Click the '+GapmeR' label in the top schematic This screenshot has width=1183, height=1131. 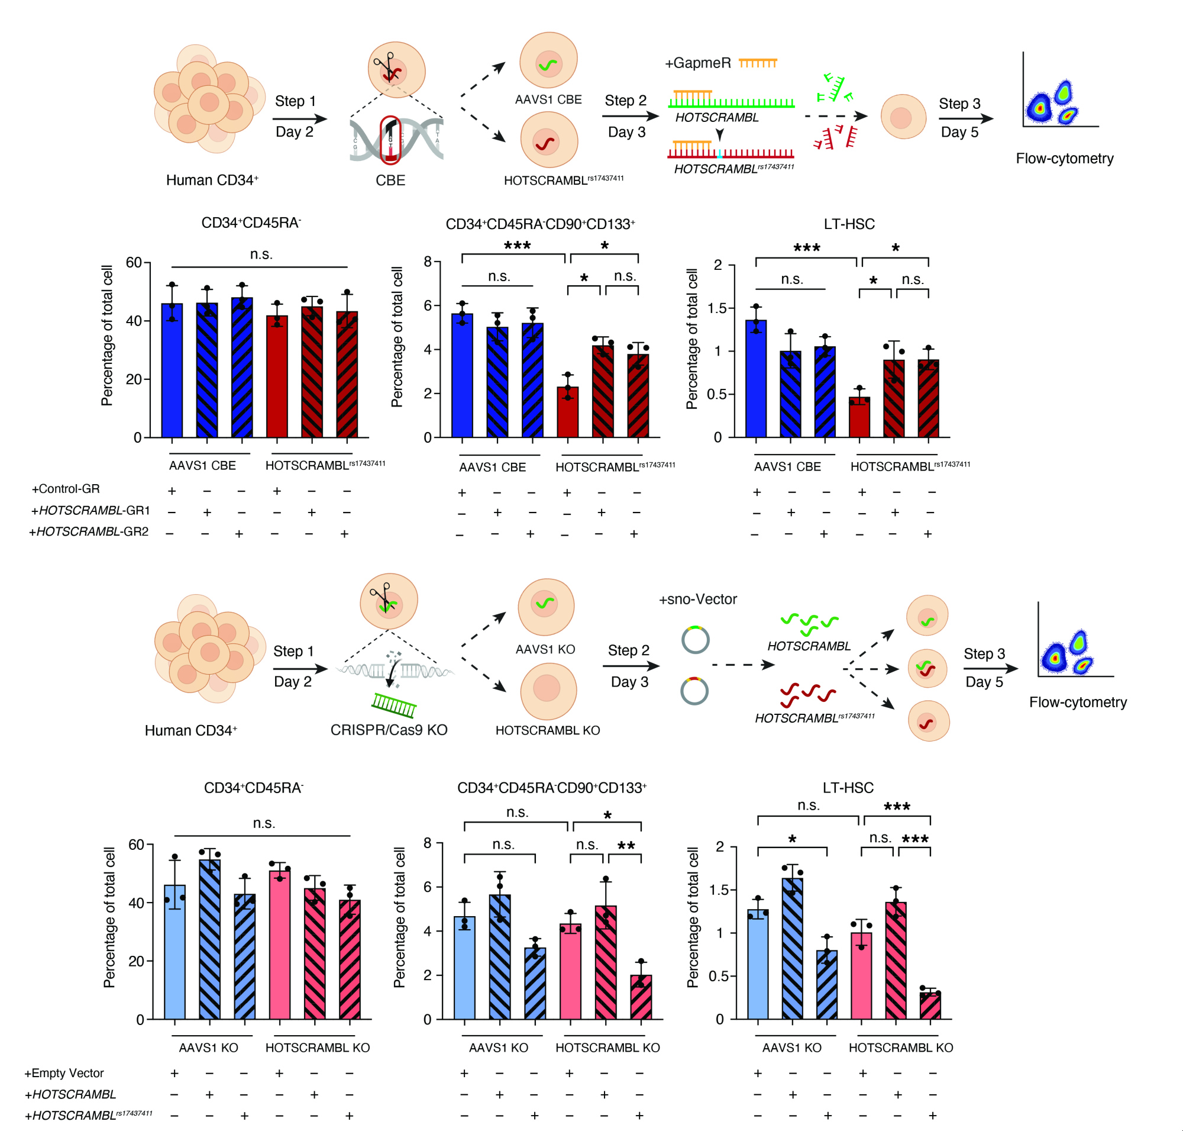pos(697,63)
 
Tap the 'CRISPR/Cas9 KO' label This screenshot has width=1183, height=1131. pos(389,730)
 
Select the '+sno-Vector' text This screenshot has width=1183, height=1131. pos(697,600)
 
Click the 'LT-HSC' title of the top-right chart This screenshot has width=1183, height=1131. pos(849,224)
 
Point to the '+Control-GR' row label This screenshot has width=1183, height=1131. pos(66,489)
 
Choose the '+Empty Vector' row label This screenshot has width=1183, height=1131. pos(64,1073)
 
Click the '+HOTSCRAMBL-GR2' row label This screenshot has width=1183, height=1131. pos(89,531)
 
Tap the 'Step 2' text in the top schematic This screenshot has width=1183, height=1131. pos(625,100)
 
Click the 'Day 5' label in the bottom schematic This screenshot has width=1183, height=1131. pos(984,682)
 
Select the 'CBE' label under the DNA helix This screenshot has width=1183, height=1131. pos(390,181)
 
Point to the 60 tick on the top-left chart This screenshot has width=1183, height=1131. pos(134,262)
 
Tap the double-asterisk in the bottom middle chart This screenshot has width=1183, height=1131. pos(626,846)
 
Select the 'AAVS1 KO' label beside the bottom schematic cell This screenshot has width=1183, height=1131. pos(545,649)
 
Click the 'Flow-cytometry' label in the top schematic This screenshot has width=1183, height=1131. pos(1064,159)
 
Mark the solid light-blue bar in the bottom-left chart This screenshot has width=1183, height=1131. pos(174,952)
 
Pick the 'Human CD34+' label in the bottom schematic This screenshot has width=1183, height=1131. pos(190,731)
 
